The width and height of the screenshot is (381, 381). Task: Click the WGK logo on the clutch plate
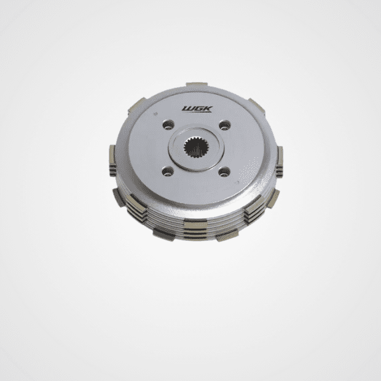coord(197,109)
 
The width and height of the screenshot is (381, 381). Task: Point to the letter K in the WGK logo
coord(208,109)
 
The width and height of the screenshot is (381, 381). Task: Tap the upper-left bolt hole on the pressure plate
coord(168,125)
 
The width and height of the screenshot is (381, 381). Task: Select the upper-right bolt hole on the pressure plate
coord(225,125)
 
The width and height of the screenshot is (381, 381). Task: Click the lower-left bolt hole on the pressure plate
coord(168,171)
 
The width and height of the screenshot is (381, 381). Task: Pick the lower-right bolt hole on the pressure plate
coord(224,172)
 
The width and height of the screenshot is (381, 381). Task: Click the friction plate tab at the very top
coord(197,84)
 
